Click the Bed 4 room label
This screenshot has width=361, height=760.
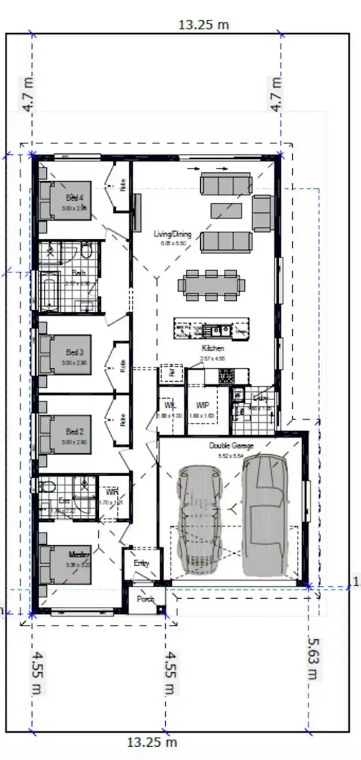75,198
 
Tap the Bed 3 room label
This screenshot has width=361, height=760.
75,353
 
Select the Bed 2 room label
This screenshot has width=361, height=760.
75,432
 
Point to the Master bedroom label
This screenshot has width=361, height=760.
79,555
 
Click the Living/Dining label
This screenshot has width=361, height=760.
172,234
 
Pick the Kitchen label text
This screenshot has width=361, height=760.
213,348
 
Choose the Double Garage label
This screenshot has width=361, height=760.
231,446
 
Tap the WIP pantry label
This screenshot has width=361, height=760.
202,406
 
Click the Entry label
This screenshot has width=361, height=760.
142,563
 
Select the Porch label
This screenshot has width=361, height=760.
145,599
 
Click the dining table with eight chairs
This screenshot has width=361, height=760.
211,285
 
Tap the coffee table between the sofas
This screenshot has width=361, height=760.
226,210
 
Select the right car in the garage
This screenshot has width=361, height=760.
266,515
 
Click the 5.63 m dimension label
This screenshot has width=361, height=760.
313,658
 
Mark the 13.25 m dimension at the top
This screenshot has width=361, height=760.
204,25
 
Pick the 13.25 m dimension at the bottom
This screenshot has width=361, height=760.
152,742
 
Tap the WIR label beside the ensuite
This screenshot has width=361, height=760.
112,492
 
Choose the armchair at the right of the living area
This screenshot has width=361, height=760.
263,213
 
